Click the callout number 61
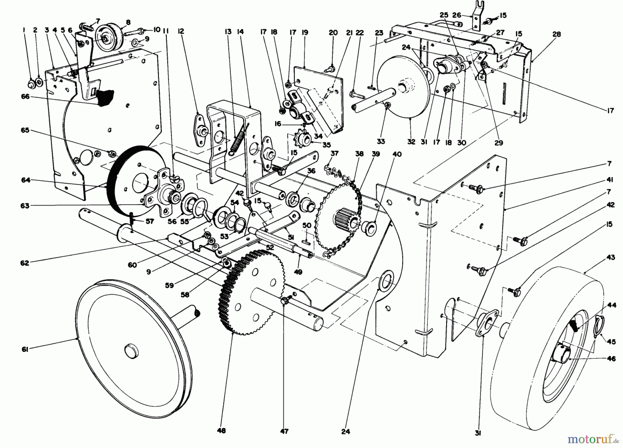tap(25, 349)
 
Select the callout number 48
tap(222, 431)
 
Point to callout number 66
tap(25, 97)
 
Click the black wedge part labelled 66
tap(106, 97)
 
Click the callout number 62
tap(25, 263)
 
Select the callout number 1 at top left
tap(24, 30)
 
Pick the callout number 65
tap(25, 130)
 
